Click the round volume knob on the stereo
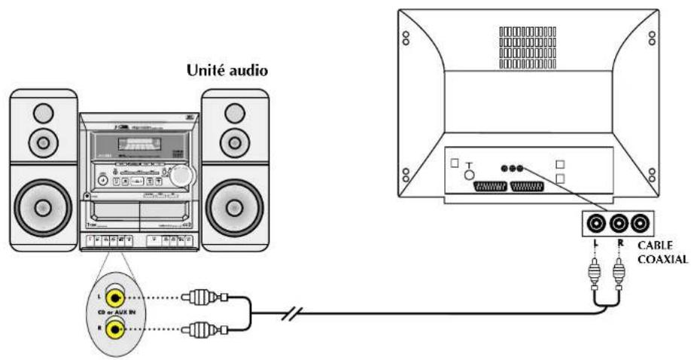pos(181,175)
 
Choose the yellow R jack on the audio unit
pos(115,328)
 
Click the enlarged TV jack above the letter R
pos(619,223)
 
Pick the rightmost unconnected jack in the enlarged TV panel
pos(640,223)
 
